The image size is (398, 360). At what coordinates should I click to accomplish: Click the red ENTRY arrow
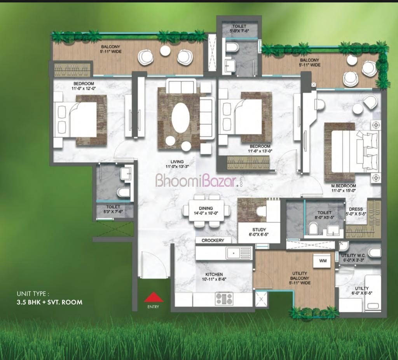pos(154,297)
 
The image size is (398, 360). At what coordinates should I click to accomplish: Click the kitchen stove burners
pos(224,299)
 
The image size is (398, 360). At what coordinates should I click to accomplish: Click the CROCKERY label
pos(213,240)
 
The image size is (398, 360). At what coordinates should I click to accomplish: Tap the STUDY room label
pos(259,230)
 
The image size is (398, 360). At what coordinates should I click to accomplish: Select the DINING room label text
pos(206,208)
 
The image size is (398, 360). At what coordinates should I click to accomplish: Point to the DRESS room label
pos(356,209)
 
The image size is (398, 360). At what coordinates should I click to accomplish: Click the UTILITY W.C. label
pos(353,256)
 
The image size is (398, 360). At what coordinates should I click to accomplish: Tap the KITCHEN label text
pos(214,274)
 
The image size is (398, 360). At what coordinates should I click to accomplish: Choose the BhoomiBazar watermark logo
pos(199,180)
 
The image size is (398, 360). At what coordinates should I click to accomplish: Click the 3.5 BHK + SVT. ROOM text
pos(49,302)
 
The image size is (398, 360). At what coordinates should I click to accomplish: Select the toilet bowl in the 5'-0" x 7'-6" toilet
pos(232,47)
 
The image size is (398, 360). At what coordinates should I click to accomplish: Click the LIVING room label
pos(177,162)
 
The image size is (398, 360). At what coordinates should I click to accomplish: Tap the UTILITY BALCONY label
pos(300,276)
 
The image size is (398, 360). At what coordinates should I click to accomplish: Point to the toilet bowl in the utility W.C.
pos(375,253)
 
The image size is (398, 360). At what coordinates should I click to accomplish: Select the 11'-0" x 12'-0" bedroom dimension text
pos(84,89)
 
